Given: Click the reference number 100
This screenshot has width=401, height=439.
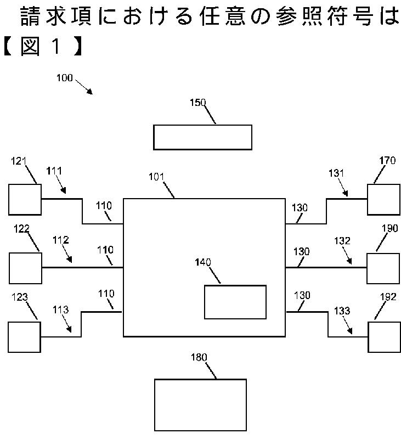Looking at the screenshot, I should click(64, 78).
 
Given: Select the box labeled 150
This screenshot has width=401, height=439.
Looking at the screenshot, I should click(202, 137).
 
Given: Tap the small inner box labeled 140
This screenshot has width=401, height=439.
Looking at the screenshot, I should click(235, 302).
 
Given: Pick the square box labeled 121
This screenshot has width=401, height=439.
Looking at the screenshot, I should click(25, 199).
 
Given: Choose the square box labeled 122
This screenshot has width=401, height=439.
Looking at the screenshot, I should click(25, 268).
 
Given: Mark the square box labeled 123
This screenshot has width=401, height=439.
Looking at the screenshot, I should click(25, 337).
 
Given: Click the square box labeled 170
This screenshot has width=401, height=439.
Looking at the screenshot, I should click(383, 200).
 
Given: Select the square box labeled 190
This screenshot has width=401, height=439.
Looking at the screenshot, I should click(383, 268).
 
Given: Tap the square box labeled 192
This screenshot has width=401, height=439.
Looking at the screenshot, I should click(384, 337).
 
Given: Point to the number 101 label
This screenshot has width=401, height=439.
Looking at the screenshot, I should click(157, 177).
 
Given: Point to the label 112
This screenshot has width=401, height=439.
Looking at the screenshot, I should click(60, 240).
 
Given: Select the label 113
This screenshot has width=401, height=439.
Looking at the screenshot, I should click(61, 309).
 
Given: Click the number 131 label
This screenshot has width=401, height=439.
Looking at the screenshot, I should click(336, 173).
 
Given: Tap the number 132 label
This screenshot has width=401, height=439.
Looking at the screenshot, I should click(341, 240).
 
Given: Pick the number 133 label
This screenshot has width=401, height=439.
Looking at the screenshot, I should click(342, 311).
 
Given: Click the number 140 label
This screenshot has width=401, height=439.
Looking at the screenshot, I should click(204, 263).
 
